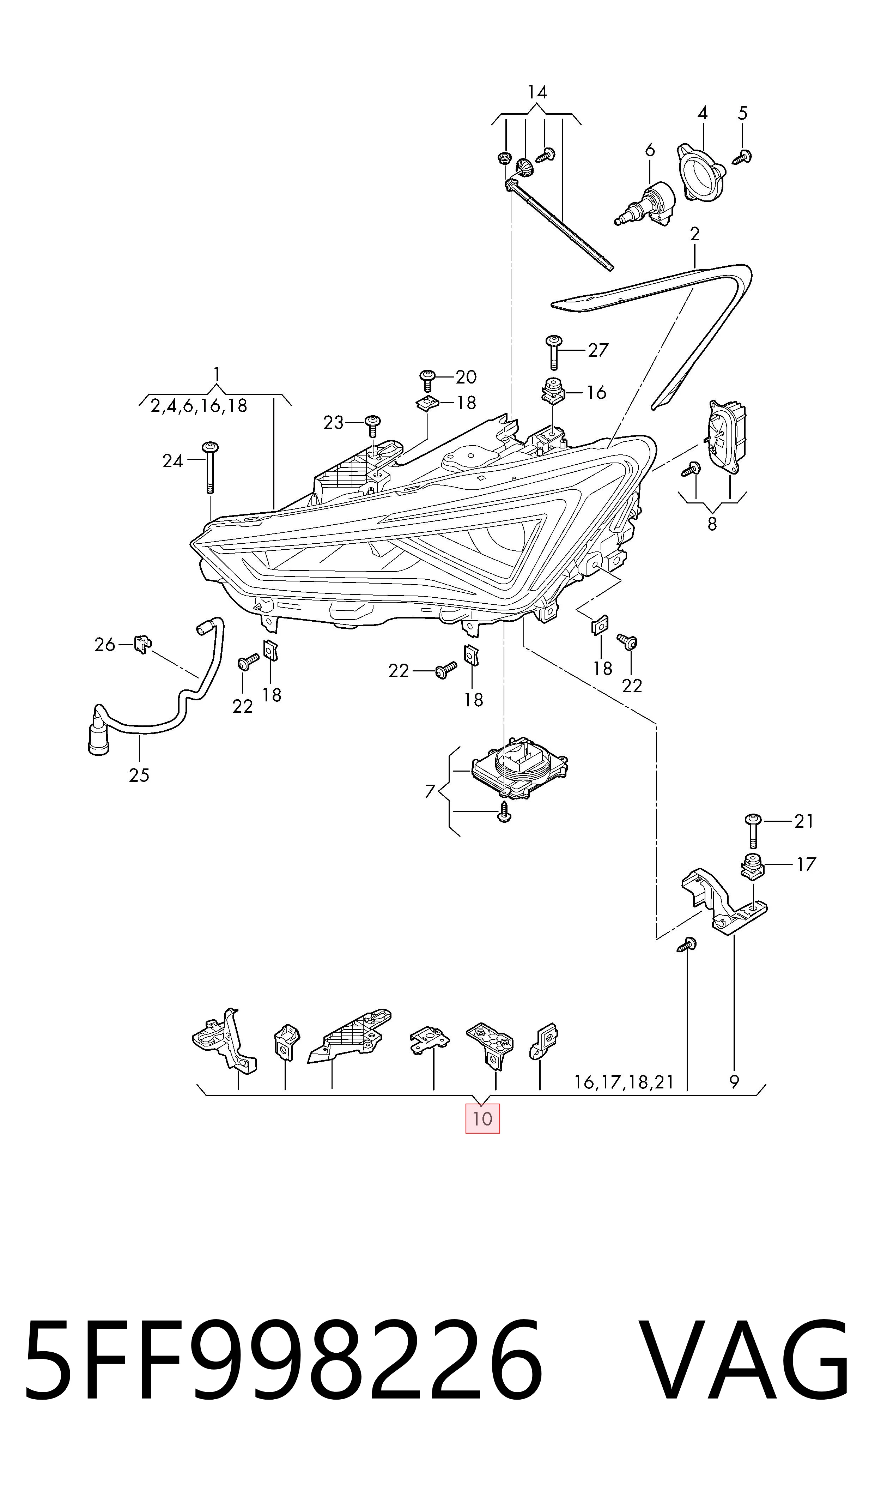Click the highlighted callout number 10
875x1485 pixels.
(x=482, y=1118)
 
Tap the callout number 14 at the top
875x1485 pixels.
(x=537, y=92)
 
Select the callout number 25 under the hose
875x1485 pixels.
(x=139, y=775)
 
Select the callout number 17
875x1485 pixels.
(x=806, y=865)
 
